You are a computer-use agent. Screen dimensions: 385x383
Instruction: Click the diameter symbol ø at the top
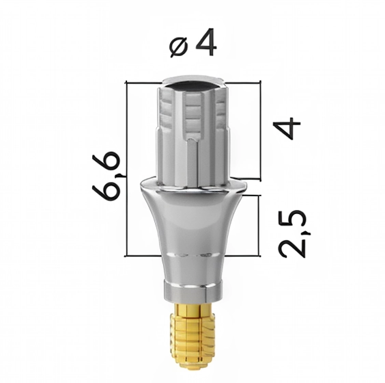[x=179, y=47]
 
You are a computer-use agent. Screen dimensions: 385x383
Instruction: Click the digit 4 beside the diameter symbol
[x=205, y=42]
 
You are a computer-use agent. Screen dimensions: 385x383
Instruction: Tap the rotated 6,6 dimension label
[x=106, y=175]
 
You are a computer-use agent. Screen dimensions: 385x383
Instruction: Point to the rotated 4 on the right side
[x=287, y=128]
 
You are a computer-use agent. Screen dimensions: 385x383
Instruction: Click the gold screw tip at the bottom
[x=192, y=343]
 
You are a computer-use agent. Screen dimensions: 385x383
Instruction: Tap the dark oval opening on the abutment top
[x=192, y=86]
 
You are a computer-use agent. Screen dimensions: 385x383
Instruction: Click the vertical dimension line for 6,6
[x=127, y=168]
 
